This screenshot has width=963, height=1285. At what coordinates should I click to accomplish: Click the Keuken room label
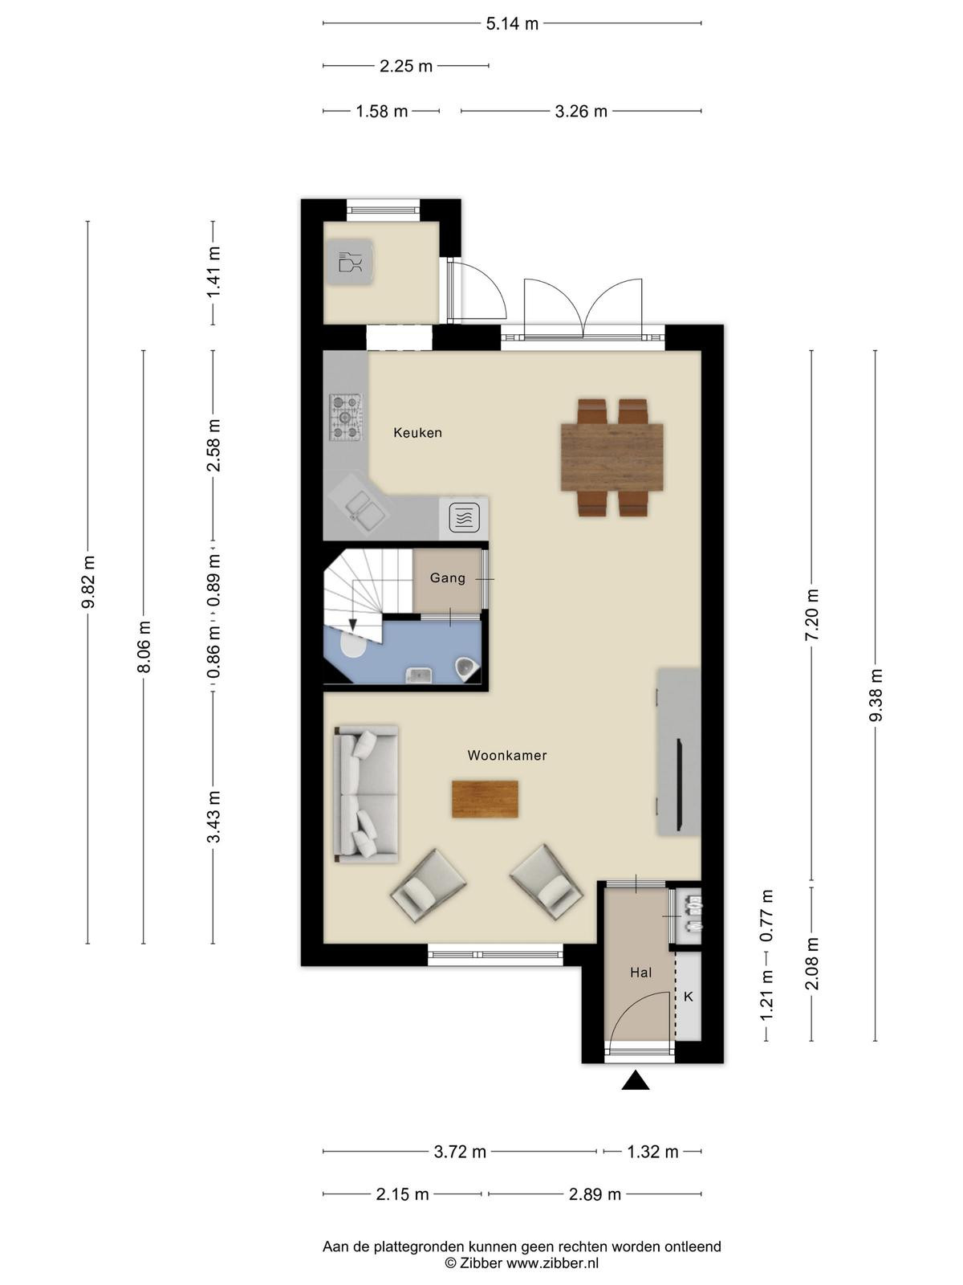click(x=417, y=433)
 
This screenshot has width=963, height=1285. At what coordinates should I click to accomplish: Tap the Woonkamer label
click(x=507, y=755)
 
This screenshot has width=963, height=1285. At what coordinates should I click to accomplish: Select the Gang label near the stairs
click(x=447, y=578)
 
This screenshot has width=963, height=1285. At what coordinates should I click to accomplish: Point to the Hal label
click(x=640, y=973)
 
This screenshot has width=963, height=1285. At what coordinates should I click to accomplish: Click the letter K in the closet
click(x=689, y=997)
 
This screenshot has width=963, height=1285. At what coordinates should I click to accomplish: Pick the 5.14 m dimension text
click(x=512, y=24)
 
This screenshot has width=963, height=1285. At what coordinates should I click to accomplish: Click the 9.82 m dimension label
click(x=88, y=582)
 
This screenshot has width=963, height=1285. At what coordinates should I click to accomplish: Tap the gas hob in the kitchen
click(x=346, y=417)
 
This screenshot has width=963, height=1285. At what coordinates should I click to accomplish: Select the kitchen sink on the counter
click(x=358, y=507)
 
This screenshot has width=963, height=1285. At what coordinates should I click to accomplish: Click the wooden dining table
click(x=612, y=457)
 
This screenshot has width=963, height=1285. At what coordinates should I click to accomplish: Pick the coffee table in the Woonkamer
click(x=486, y=798)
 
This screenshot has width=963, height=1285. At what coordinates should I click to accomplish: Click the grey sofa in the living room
click(x=366, y=793)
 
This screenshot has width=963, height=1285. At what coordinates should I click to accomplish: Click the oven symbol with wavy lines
click(x=464, y=517)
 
